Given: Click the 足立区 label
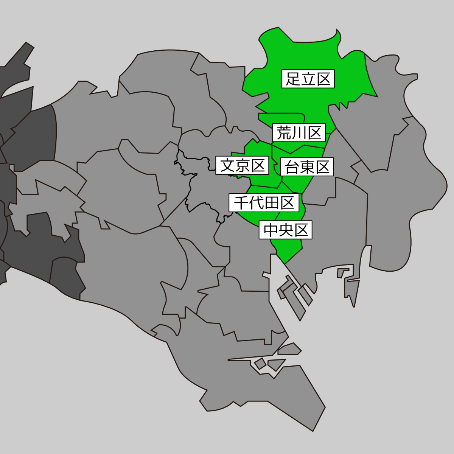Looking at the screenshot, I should pos(308,79).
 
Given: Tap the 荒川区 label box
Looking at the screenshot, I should pos(299,133).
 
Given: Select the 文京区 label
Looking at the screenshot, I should pos(242,165).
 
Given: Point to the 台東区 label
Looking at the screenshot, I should pos(307,167).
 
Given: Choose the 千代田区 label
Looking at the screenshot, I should pos(264,203).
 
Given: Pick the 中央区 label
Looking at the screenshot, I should pos(286,230).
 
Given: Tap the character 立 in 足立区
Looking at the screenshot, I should pos(308,79).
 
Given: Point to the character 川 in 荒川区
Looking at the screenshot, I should pos(299,133).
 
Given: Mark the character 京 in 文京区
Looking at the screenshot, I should pos(242,165).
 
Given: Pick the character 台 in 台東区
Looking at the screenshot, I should pos(292,167).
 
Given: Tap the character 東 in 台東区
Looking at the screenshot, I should pos(307,167).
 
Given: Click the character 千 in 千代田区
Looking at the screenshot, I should pos(241,203).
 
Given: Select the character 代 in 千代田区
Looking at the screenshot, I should pos(256,203).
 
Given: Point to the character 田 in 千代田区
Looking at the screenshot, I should pos(272,203).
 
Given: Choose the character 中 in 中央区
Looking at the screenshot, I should pos(271,230).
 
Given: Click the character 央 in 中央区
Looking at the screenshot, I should pos(286,230).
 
